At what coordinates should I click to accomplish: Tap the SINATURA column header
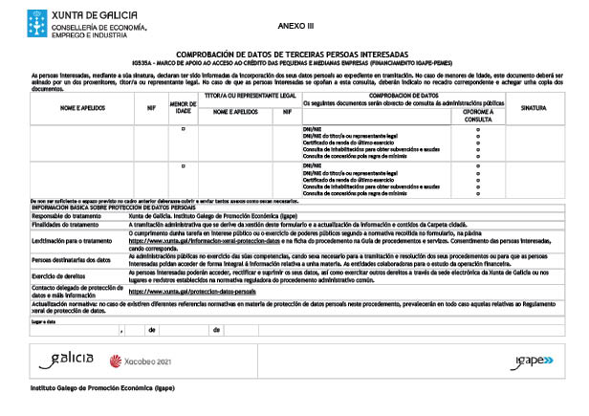click(x=534, y=107)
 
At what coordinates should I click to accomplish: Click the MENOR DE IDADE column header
click(x=183, y=107)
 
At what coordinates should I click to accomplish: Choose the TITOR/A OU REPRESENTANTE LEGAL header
click(x=249, y=96)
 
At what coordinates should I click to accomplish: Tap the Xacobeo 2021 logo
click(x=142, y=361)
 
